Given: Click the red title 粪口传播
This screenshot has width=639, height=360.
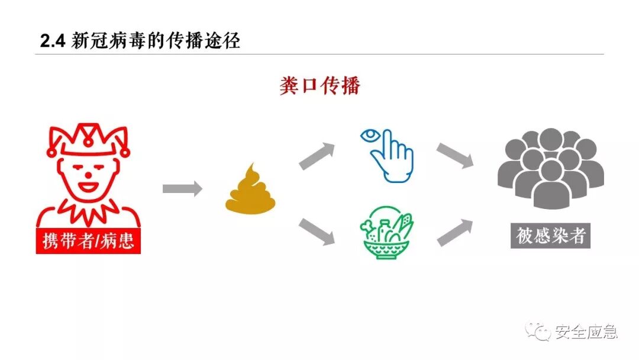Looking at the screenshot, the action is (x=320, y=86).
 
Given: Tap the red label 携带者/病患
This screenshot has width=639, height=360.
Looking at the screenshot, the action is (x=89, y=241).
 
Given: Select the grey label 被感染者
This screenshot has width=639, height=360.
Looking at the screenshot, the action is (x=551, y=236).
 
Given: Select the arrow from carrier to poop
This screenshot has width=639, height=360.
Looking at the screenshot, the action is (x=182, y=189).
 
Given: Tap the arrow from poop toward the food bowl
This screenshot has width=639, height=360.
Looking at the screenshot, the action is (x=317, y=231).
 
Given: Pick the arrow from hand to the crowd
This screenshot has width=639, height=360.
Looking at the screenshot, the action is (x=455, y=156).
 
